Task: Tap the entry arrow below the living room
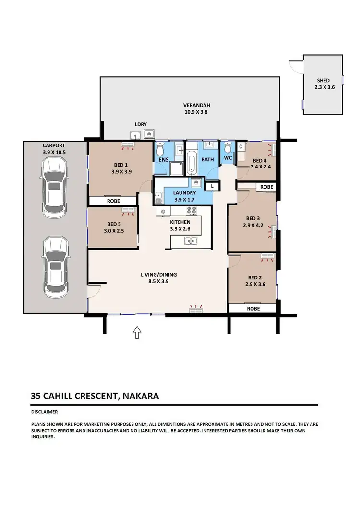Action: (x=137, y=332)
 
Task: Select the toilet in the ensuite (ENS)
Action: (x=160, y=147)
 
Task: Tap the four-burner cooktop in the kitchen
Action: (x=192, y=210)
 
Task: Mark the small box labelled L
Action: (x=212, y=186)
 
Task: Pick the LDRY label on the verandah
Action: (x=141, y=124)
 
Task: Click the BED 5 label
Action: (x=114, y=224)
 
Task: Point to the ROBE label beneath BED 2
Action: (x=253, y=309)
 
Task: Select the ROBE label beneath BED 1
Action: (x=113, y=201)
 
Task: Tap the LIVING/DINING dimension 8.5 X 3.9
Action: (x=158, y=282)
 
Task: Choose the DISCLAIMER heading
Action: (x=44, y=412)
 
